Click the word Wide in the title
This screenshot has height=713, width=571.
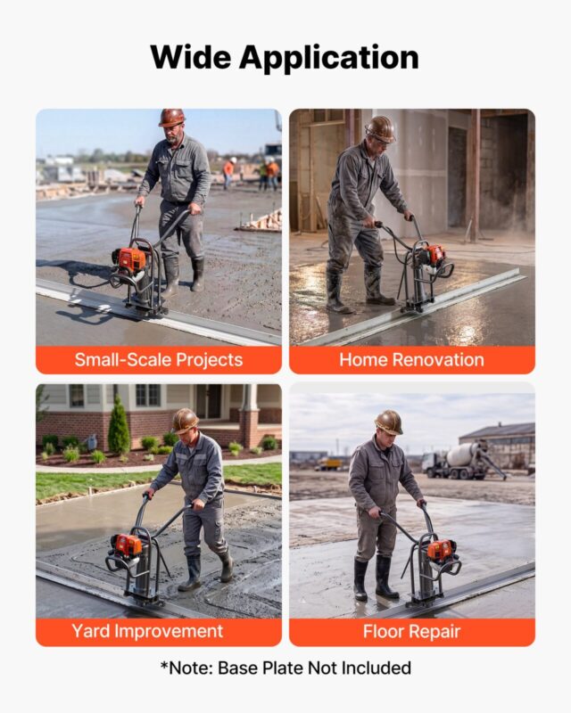click(x=191, y=57)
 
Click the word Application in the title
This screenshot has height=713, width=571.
click(x=328, y=59)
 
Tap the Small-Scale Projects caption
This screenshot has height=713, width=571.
click(x=159, y=360)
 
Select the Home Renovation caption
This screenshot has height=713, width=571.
click(x=411, y=360)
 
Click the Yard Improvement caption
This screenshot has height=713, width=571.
click(x=147, y=631)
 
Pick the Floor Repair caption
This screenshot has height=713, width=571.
click(x=411, y=632)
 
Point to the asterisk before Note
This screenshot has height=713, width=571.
click(x=164, y=665)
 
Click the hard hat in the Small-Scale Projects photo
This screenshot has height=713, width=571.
click(x=171, y=118)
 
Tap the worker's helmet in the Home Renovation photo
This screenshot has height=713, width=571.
click(x=380, y=128)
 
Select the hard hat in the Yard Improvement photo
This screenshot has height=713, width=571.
click(x=186, y=421)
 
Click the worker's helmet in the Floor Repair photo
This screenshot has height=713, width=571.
click(x=389, y=422)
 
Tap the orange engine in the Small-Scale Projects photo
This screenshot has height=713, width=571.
click(x=129, y=260)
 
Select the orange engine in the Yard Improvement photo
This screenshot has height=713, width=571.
click(x=126, y=545)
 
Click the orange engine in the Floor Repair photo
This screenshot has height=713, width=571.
click(x=441, y=551)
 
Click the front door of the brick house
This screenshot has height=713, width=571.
click(x=208, y=402)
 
